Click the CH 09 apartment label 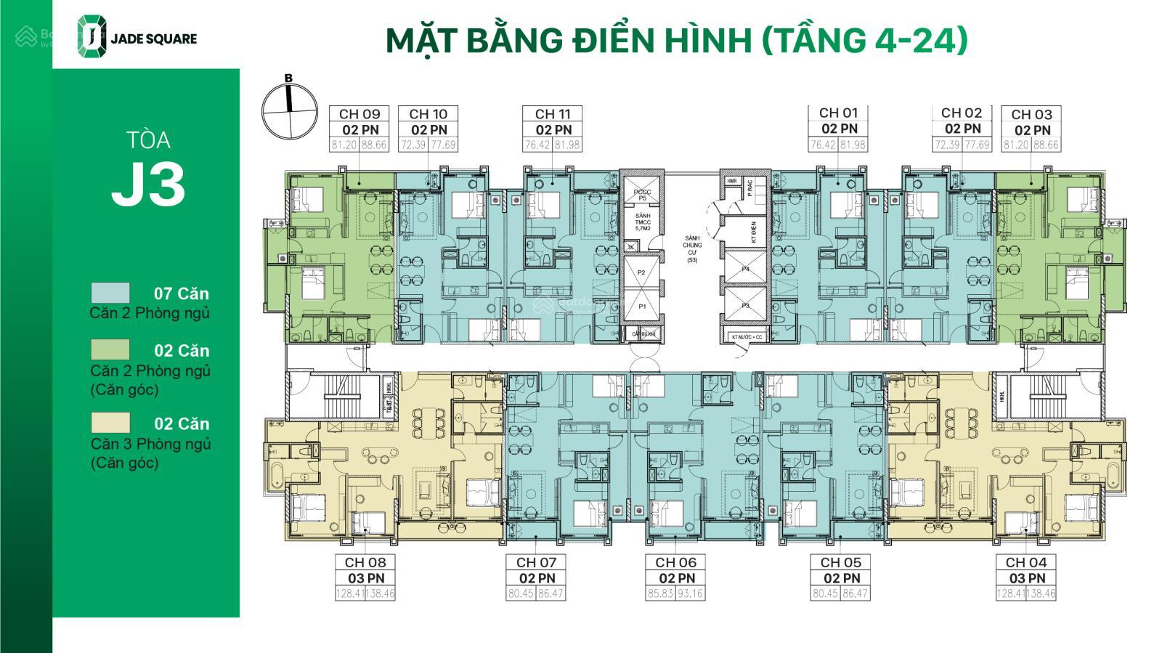tap(359, 114)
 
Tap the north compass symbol tap(289, 110)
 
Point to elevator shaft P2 tap(641, 272)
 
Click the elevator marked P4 tap(745, 268)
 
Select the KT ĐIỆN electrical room tap(754, 233)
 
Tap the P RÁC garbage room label tap(749, 190)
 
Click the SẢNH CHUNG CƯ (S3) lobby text tap(691, 248)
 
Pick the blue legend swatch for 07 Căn tap(110, 293)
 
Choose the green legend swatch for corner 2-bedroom tap(110, 349)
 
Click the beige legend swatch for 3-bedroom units tap(110, 423)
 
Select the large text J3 tap(148, 185)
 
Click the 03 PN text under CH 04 tap(1026, 578)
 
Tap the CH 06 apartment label tap(675, 562)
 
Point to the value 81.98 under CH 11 tap(568, 145)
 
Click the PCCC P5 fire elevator tap(641, 194)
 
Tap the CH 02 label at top tap(961, 113)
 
